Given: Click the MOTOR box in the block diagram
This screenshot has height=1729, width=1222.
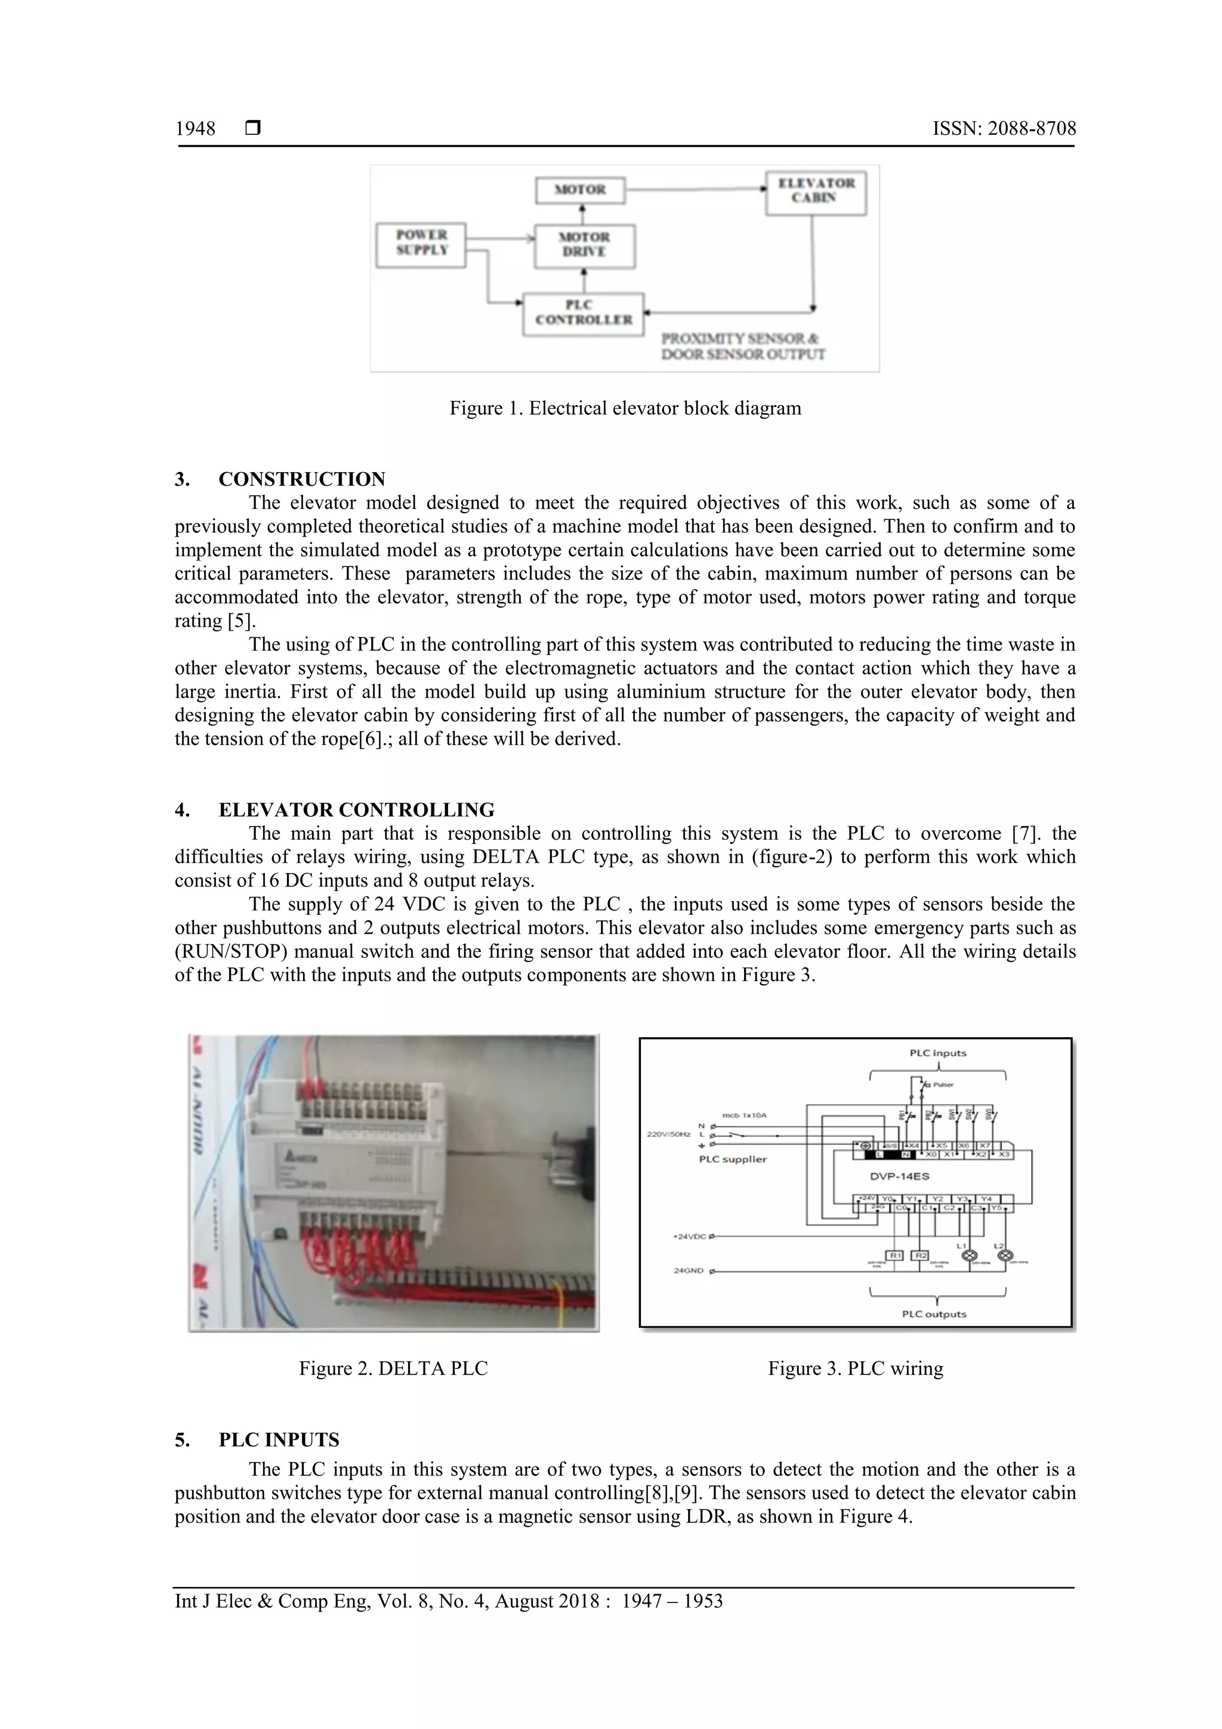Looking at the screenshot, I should click(580, 190).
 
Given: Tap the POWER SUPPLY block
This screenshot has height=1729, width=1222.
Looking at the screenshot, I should click(422, 244).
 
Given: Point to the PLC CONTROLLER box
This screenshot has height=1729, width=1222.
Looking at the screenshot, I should click(584, 313).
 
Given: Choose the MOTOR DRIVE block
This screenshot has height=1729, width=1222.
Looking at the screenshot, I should click(584, 245).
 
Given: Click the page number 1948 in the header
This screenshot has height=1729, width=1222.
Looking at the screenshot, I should click(196, 129).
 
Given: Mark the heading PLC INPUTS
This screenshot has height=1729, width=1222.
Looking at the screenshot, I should click(279, 1440).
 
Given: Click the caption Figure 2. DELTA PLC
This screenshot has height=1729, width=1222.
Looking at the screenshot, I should click(393, 1369).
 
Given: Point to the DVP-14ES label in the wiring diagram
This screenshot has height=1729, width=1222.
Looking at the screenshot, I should click(900, 1176).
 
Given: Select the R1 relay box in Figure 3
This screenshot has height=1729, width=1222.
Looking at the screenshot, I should click(895, 1255).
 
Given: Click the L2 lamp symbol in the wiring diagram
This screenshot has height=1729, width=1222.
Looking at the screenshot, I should click(1004, 1255).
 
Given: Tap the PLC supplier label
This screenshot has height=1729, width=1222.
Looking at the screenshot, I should click(732, 1159).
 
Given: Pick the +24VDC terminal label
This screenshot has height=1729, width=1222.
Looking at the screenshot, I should click(689, 1236).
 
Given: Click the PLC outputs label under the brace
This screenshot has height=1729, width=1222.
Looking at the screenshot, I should click(934, 1314).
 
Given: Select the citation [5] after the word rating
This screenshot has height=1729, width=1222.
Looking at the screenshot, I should click(241, 621).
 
